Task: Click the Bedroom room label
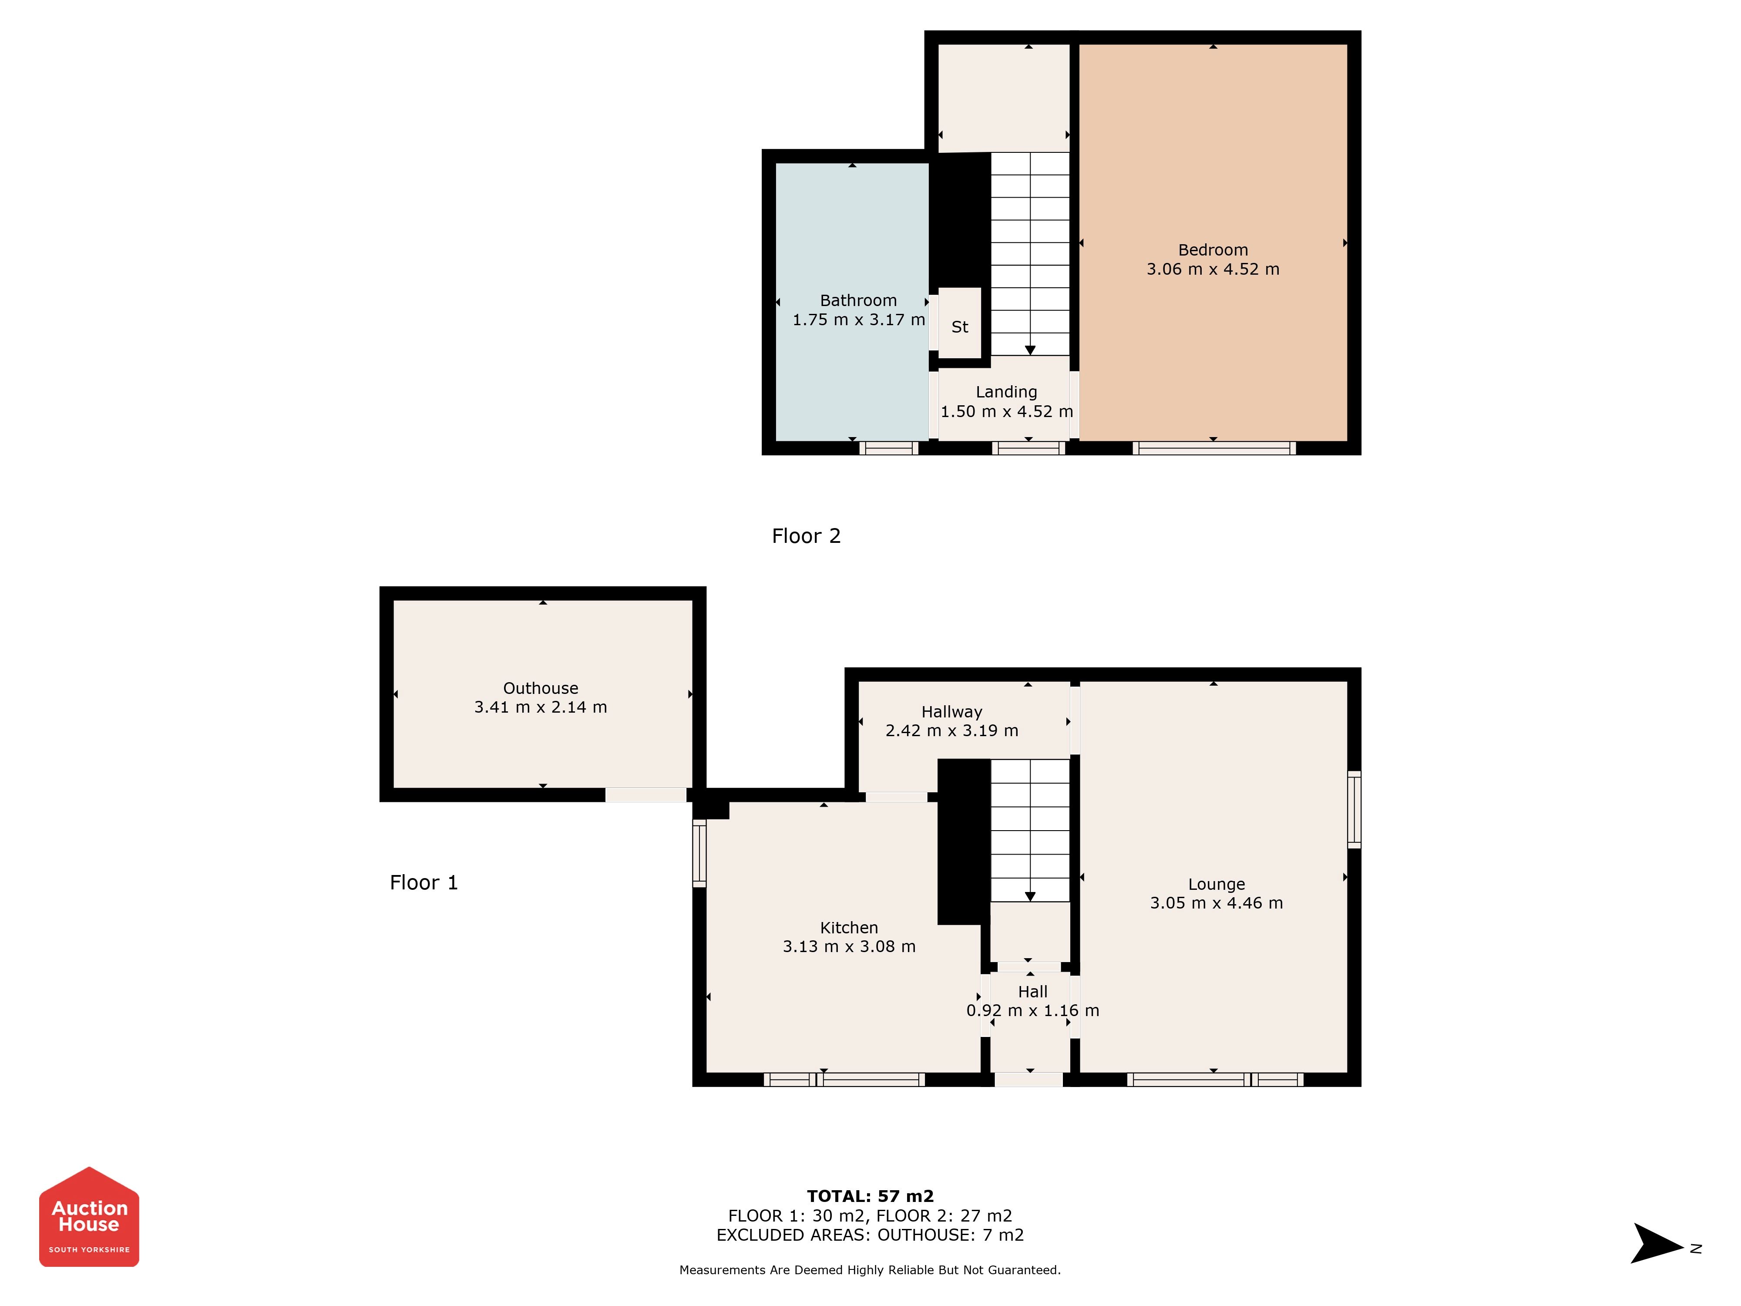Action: [1213, 250]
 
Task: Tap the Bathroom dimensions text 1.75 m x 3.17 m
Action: [859, 320]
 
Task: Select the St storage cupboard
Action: [959, 323]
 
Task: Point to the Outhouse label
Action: [541, 688]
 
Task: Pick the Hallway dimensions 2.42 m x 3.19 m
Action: [951, 730]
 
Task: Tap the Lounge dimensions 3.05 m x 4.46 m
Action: [1216, 903]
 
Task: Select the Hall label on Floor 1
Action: [1033, 992]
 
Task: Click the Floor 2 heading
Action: [806, 536]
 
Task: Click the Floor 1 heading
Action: [423, 882]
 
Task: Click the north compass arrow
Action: [1657, 1243]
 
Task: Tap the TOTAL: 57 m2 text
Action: [870, 1197]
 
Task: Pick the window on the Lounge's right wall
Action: [1354, 809]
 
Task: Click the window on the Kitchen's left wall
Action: [699, 853]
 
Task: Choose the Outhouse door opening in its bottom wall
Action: [645, 795]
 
